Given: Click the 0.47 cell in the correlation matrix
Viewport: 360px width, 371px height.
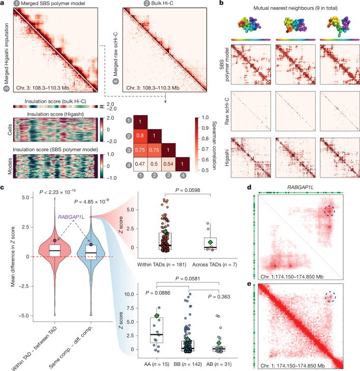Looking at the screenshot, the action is pos(140,164).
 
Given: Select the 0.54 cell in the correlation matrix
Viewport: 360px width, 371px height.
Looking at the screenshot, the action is pos(168,164).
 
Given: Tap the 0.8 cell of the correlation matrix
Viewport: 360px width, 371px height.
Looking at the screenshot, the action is pos(140,136).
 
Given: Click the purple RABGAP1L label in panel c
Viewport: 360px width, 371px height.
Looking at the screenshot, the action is pos(71,217).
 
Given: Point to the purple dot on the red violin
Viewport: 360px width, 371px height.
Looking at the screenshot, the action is pos(55,240).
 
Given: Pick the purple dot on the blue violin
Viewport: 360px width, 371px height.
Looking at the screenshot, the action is pos(91,244).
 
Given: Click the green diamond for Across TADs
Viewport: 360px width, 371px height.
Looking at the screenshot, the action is pos(211,242).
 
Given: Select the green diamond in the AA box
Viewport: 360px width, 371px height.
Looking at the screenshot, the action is pos(157,316).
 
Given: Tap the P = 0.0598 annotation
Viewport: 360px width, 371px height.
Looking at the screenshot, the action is pos(188,190).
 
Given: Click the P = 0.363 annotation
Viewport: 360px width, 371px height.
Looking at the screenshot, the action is pos(219,297).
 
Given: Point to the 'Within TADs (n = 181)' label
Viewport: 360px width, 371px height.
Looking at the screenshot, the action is pos(162,265).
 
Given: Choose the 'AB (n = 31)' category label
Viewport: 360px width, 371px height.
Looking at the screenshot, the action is pos(219,364).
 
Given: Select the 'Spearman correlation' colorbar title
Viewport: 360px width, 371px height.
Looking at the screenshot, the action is pos(214,145).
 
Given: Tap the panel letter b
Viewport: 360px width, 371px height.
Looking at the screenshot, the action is pos(222,4).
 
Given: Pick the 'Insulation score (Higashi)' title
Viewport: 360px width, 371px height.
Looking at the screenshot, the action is pos(55,114).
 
